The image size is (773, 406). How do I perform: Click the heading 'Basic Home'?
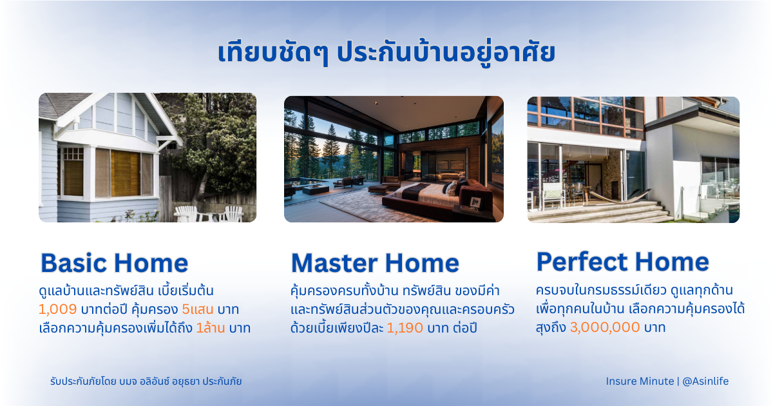pos(115,263)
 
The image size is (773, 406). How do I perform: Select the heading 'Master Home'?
pos(375,263)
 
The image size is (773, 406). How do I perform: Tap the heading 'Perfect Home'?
pos(622,262)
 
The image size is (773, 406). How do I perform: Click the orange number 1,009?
pos(57,309)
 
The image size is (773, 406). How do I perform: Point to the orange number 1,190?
pos(405,328)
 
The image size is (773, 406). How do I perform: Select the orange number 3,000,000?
pos(605,327)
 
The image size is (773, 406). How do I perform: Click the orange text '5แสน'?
pos(198,309)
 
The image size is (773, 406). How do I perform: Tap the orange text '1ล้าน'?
pos(211,328)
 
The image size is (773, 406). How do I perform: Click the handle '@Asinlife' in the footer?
pos(705,381)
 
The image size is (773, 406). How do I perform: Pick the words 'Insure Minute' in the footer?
pos(640,381)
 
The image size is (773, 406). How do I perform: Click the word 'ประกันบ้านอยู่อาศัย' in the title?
pos(446,52)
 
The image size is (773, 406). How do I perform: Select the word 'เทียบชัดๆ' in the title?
pos(273,52)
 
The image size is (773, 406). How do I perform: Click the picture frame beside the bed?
pos(475,202)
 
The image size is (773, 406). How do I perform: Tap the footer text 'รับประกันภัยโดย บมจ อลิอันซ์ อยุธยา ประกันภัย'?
pos(146,382)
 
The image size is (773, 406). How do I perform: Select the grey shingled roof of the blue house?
pos(59,105)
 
